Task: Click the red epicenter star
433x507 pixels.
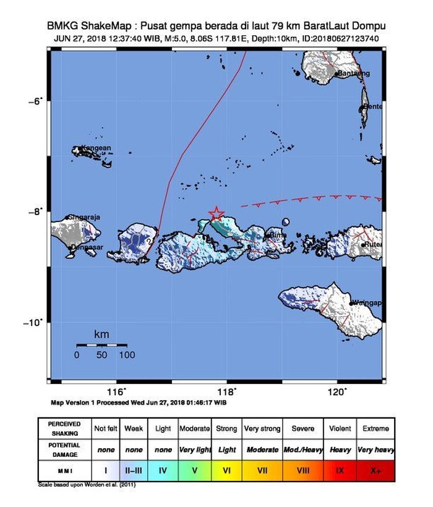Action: click(216, 213)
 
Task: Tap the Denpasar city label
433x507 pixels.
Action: click(85, 247)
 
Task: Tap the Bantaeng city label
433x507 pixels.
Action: click(354, 74)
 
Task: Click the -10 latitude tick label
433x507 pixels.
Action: click(35, 322)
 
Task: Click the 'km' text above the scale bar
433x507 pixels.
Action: click(101, 334)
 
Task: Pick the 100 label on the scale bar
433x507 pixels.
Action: click(127, 355)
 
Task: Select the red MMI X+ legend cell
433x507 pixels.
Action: click(376, 471)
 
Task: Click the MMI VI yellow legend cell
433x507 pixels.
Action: click(227, 471)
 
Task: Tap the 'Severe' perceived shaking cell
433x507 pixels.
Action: click(302, 428)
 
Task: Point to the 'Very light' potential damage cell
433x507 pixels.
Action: click(194, 450)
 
